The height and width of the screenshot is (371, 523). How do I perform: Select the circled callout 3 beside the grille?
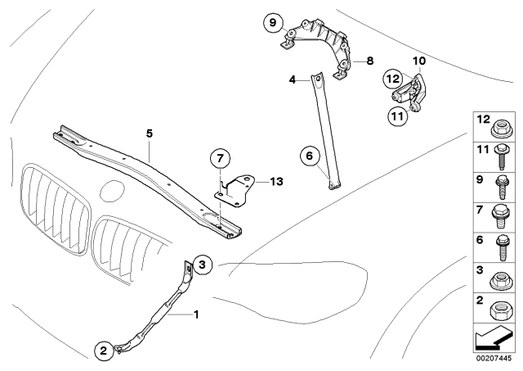[x=204, y=264]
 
